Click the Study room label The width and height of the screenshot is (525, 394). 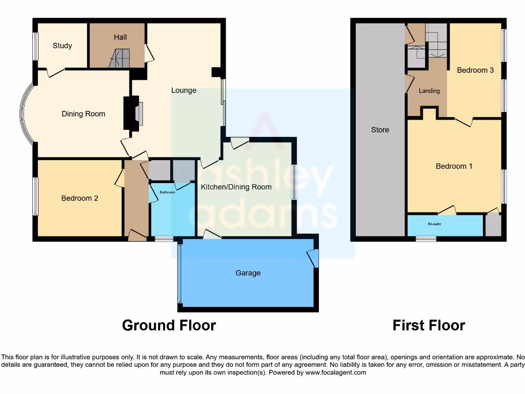pyautogui.click(x=62, y=46)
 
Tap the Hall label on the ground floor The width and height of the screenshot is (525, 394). pyautogui.click(x=120, y=37)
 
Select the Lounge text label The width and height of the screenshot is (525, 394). pyautogui.click(x=184, y=90)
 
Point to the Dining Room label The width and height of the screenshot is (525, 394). pyautogui.click(x=83, y=114)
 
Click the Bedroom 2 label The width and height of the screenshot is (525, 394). pyautogui.click(x=79, y=198)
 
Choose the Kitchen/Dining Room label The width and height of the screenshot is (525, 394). pyautogui.click(x=236, y=187)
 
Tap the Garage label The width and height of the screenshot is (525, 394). pyautogui.click(x=248, y=273)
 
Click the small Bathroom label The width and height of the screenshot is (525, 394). pyautogui.click(x=167, y=192)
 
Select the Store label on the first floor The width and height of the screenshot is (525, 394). pyautogui.click(x=380, y=130)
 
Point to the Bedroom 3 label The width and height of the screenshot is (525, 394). pyautogui.click(x=475, y=70)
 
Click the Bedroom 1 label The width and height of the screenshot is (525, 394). pyautogui.click(x=454, y=166)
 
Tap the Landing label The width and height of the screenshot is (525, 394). pyautogui.click(x=429, y=91)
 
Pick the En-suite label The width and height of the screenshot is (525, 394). pyautogui.click(x=435, y=224)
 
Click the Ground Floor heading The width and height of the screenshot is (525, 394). pyautogui.click(x=169, y=325)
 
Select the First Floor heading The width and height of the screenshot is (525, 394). pyautogui.click(x=429, y=325)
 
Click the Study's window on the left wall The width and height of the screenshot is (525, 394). pyautogui.click(x=35, y=47)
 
